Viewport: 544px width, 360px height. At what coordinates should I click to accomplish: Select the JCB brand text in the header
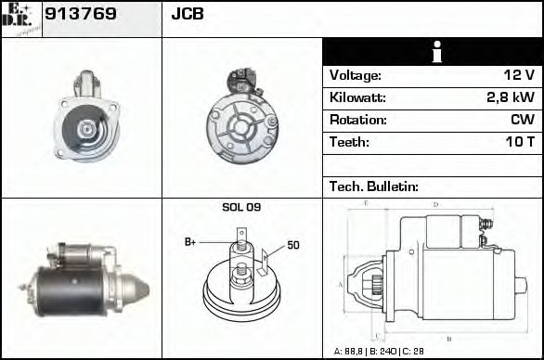(x=187, y=15)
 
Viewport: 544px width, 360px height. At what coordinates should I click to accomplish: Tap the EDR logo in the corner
(x=20, y=18)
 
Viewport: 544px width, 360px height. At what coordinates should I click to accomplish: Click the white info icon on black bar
(x=432, y=53)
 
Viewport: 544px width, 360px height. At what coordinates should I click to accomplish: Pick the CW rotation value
(x=522, y=121)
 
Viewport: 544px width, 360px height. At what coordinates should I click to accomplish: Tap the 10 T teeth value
(x=517, y=143)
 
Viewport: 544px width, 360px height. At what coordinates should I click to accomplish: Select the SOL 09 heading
(x=240, y=207)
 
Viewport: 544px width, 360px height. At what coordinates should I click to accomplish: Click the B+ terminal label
(x=190, y=242)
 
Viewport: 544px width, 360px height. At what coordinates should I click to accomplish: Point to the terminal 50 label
(x=292, y=245)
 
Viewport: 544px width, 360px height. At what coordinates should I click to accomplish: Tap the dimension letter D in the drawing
(x=435, y=204)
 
